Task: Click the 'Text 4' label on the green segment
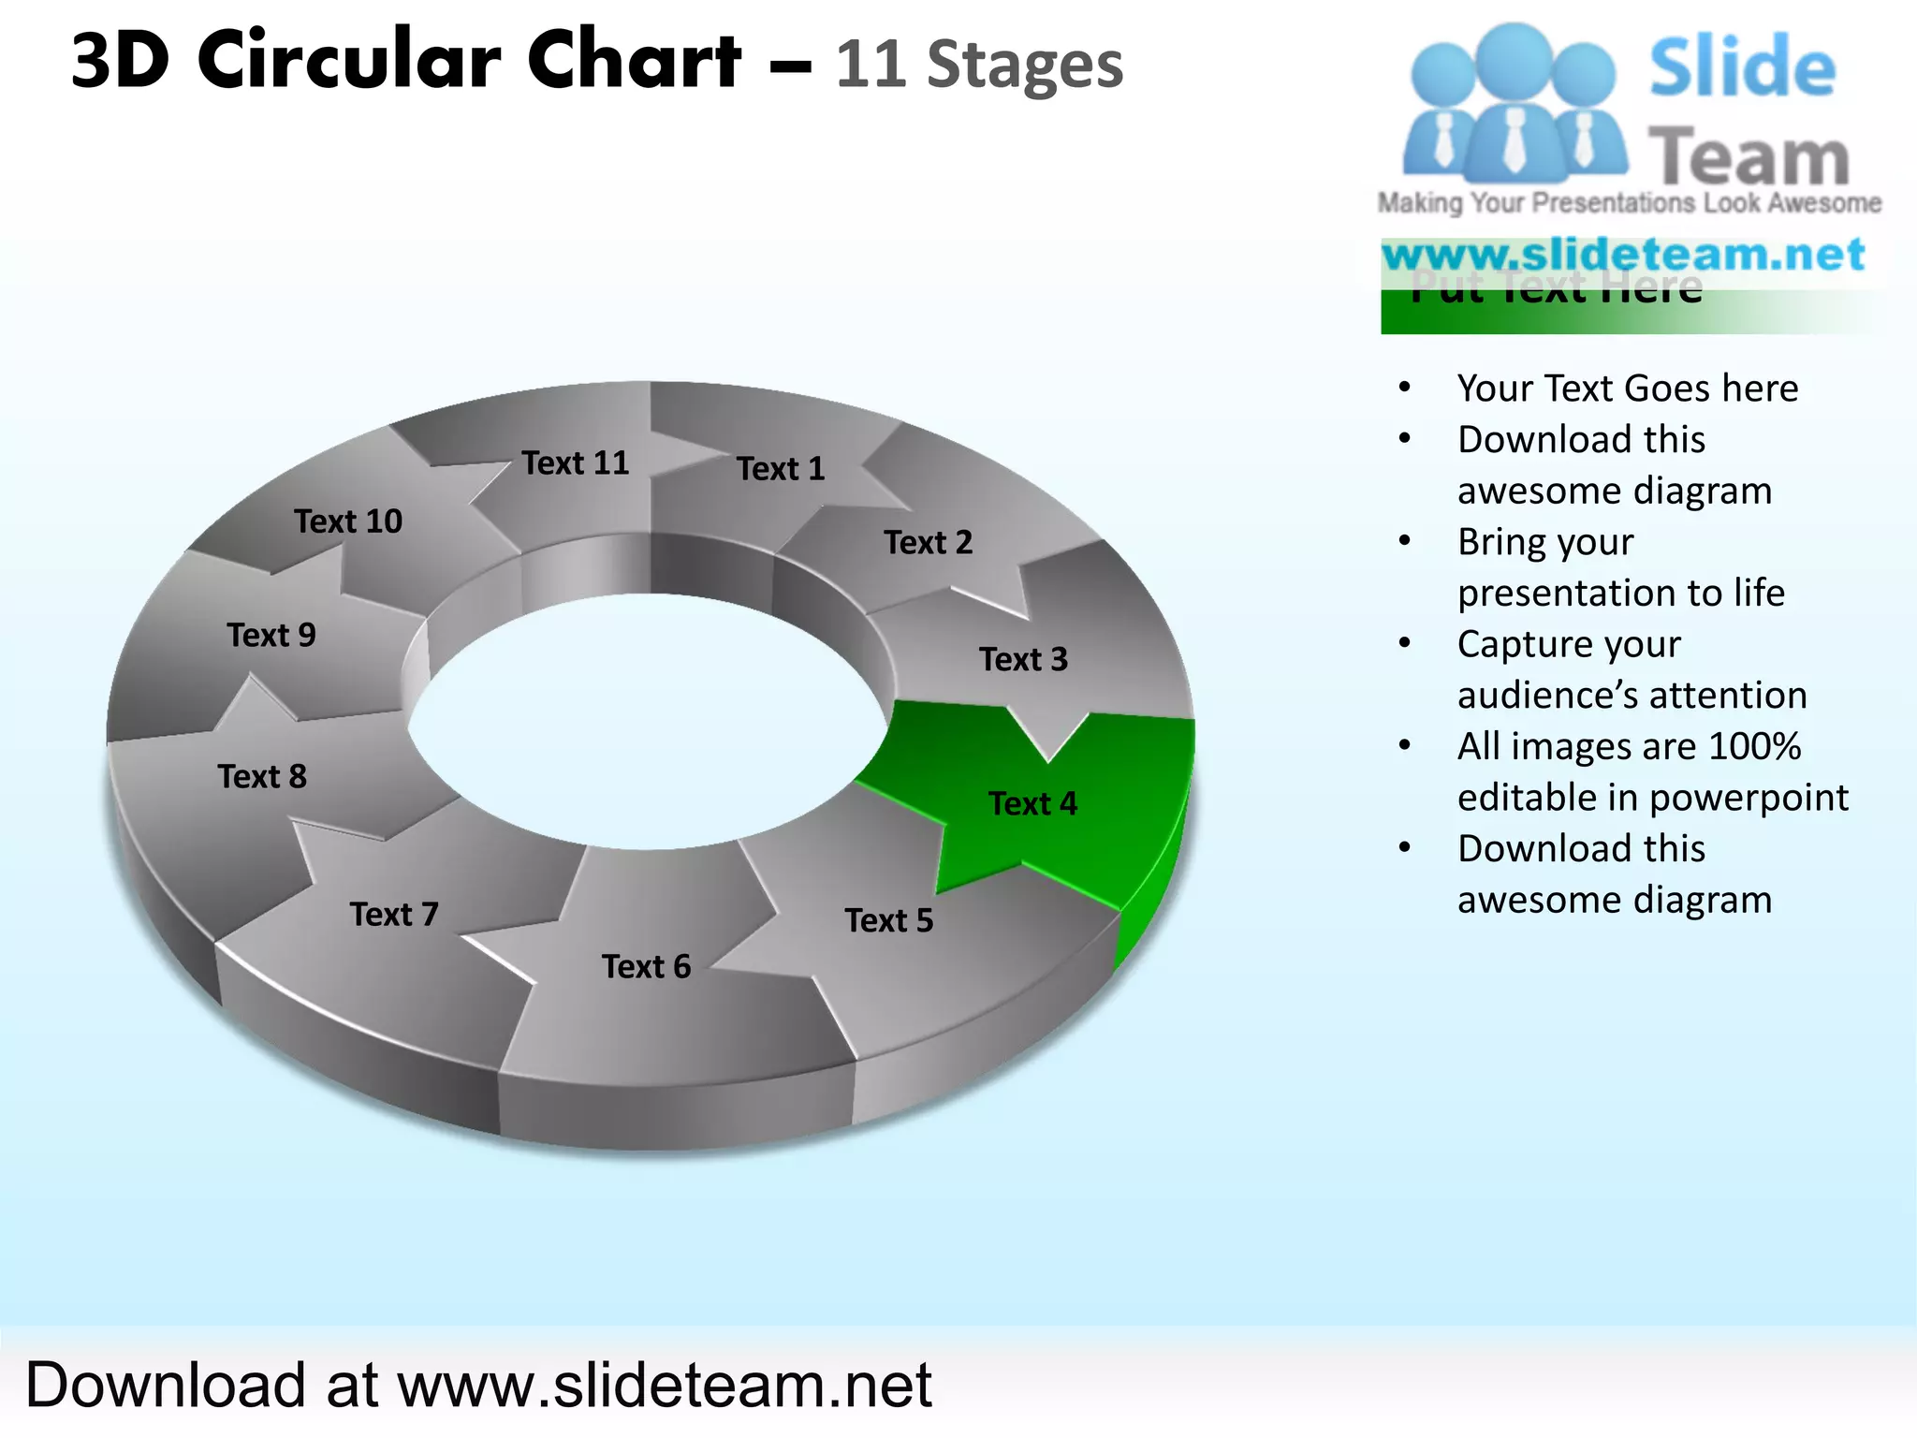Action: point(1032,803)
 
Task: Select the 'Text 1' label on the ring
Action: point(781,468)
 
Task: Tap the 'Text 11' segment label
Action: point(576,462)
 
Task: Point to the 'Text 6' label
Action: point(646,966)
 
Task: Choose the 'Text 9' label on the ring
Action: point(271,635)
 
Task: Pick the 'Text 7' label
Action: point(394,914)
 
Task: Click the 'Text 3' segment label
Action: point(1023,659)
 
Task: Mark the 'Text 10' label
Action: point(348,521)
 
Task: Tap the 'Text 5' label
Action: point(889,920)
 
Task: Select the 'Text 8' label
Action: point(262,776)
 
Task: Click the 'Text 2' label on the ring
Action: point(929,542)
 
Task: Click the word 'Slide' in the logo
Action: point(1742,67)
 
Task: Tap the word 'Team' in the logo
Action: point(1749,157)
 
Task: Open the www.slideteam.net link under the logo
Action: point(1624,255)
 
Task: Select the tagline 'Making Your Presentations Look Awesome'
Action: point(1629,203)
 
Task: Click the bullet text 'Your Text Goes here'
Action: point(1628,388)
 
